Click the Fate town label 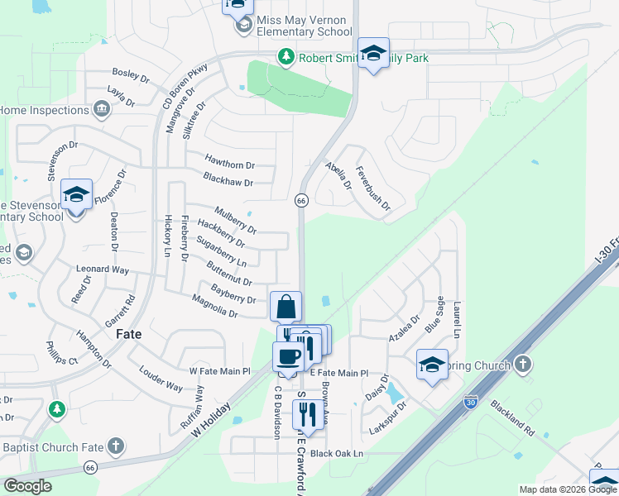(x=128, y=334)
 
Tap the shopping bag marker (x=286, y=307)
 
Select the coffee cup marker (x=288, y=356)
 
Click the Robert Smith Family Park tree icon (x=286, y=57)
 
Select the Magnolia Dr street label (x=215, y=308)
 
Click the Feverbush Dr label (x=372, y=193)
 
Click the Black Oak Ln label (x=337, y=453)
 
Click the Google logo (x=28, y=485)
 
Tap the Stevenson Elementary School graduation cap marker (x=76, y=196)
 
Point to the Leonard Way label (x=103, y=269)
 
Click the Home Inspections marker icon (x=101, y=109)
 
